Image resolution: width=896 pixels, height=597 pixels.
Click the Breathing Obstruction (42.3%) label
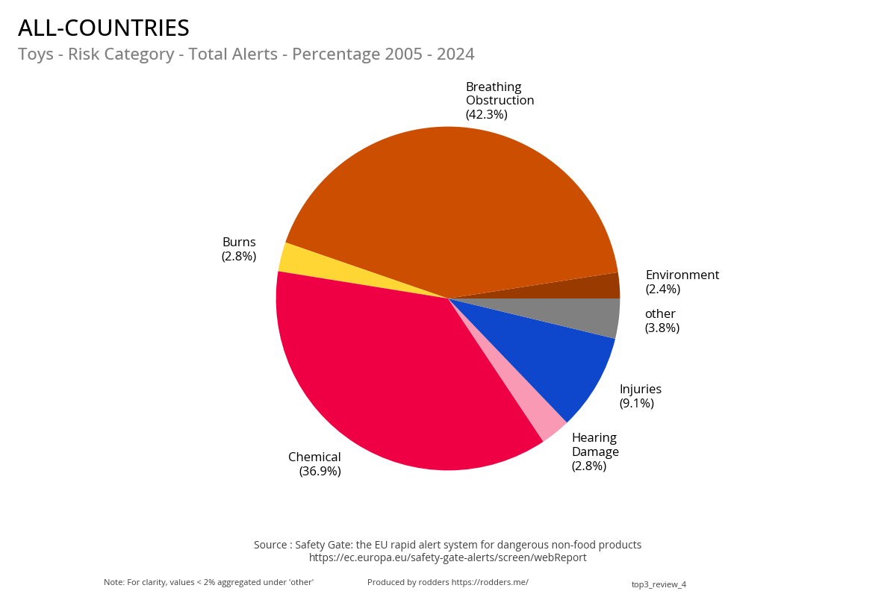(500, 101)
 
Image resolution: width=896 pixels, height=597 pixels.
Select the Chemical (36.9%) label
(315, 463)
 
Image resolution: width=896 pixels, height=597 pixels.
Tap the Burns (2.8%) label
(239, 249)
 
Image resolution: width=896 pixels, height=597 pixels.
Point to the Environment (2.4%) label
(682, 281)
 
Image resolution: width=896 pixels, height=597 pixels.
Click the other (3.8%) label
(662, 320)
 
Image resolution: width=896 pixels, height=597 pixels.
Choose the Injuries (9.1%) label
(640, 396)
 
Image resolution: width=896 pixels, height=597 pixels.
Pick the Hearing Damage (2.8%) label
(595, 451)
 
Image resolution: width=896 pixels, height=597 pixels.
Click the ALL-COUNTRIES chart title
(104, 28)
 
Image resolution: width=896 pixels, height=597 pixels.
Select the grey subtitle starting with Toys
(246, 54)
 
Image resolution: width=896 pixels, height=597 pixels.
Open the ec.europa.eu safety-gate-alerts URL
(447, 557)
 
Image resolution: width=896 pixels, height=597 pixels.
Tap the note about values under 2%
(208, 582)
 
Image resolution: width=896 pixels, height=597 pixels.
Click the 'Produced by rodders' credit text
(447, 582)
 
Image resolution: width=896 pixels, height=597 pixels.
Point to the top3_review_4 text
(659, 584)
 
